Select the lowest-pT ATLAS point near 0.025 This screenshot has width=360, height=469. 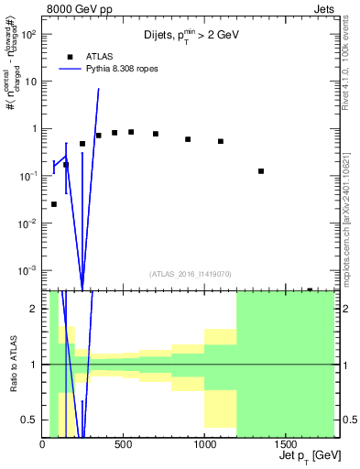point(54,204)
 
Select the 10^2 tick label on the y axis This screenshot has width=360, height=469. point(29,34)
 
